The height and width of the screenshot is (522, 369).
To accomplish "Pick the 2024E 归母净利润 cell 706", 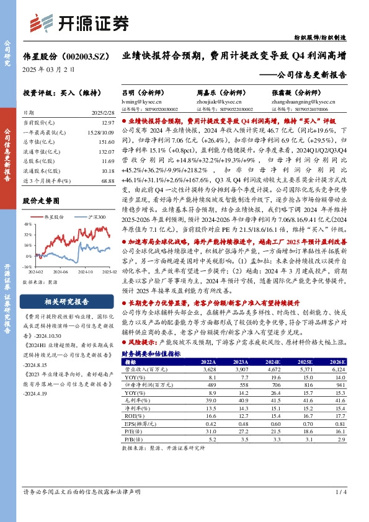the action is click(x=272, y=385).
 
